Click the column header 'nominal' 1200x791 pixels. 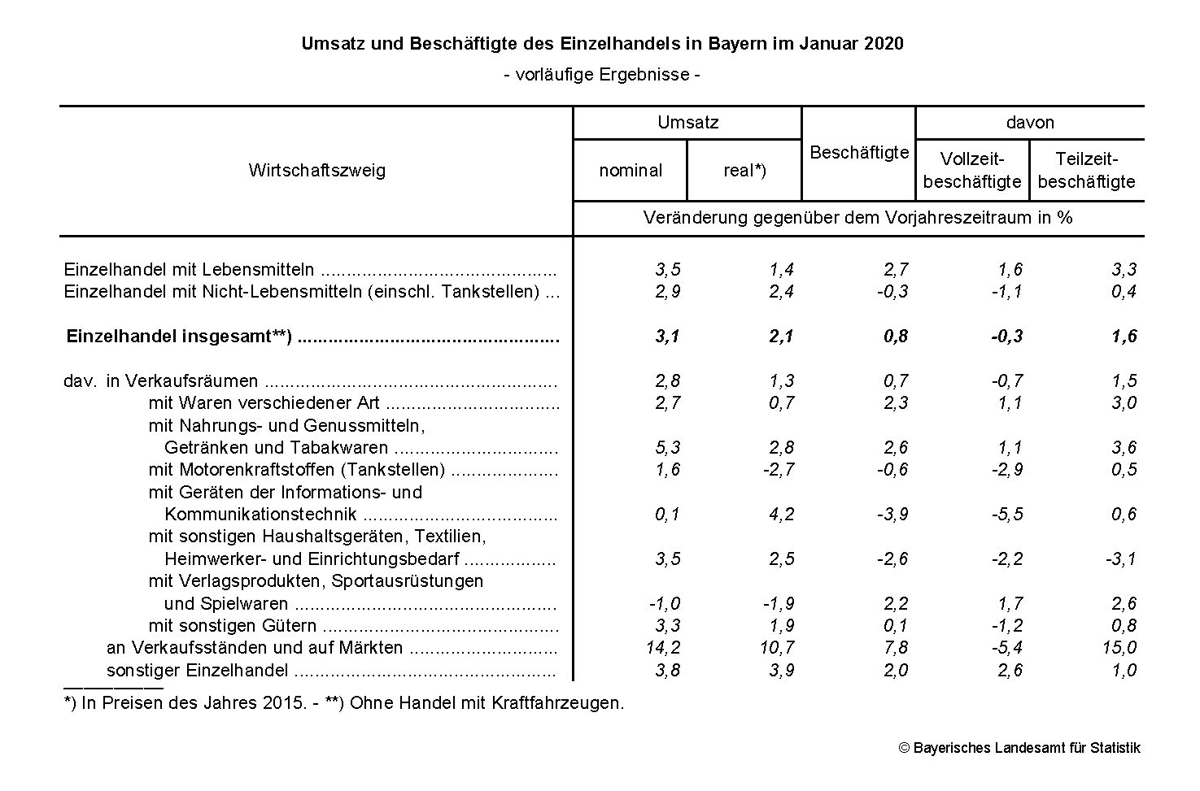(x=630, y=171)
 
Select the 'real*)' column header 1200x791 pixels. (x=744, y=171)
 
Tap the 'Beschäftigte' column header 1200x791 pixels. (x=859, y=153)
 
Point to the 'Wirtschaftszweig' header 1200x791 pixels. (x=316, y=171)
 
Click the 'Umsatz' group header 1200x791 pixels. (x=687, y=123)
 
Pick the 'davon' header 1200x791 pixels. (x=1029, y=123)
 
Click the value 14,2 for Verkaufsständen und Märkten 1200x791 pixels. (x=665, y=648)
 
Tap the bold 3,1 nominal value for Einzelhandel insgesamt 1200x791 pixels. (x=667, y=337)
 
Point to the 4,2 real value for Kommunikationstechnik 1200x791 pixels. (x=781, y=515)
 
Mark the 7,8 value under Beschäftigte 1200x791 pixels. (x=894, y=648)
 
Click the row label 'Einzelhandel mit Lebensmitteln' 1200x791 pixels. (x=189, y=270)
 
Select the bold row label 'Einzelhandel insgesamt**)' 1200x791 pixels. (x=179, y=337)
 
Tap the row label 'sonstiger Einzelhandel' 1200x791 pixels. (x=198, y=671)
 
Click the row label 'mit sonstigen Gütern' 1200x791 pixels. (x=233, y=626)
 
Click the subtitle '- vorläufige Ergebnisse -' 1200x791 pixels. (x=602, y=75)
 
